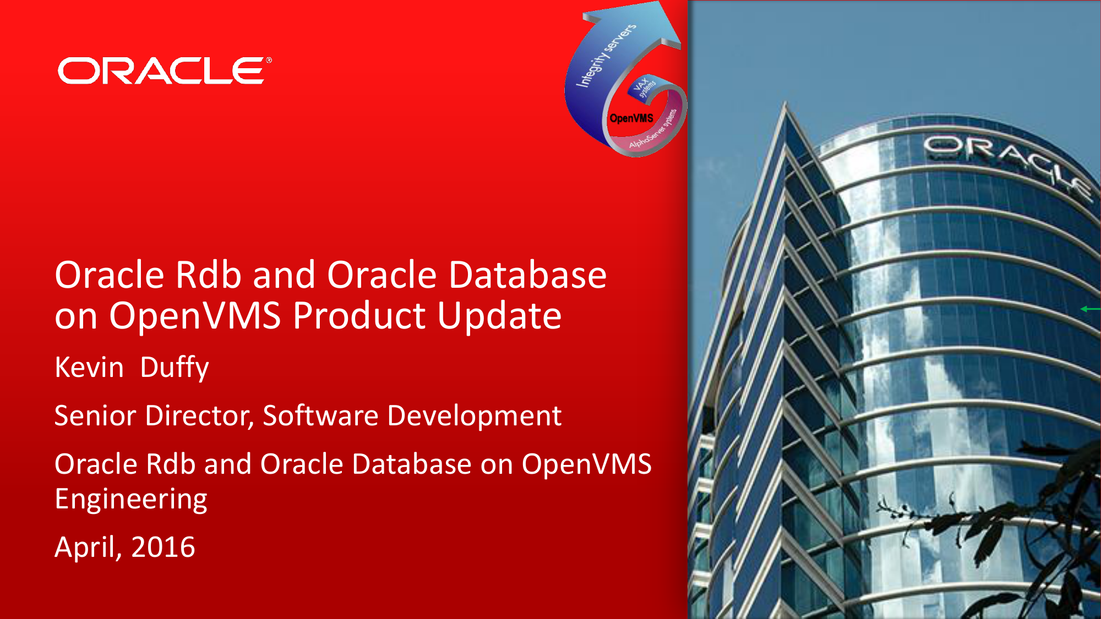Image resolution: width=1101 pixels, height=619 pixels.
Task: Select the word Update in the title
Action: coord(499,316)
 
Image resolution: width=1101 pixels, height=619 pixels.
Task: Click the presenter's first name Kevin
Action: coord(89,367)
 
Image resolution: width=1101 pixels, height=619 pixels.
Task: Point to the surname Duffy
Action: coord(175,368)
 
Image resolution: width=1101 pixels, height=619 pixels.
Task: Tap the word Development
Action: coord(474,417)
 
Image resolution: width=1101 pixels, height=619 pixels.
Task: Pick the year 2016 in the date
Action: coord(163,547)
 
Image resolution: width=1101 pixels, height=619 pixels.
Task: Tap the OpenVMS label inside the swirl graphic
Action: coord(631,118)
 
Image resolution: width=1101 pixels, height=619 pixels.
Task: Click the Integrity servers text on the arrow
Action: coord(606,56)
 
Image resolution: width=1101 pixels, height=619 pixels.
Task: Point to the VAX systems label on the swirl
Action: coord(645,87)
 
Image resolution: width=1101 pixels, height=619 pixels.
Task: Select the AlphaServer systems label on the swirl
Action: coord(653,130)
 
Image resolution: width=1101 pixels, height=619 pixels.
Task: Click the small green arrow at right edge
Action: coord(1091,309)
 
